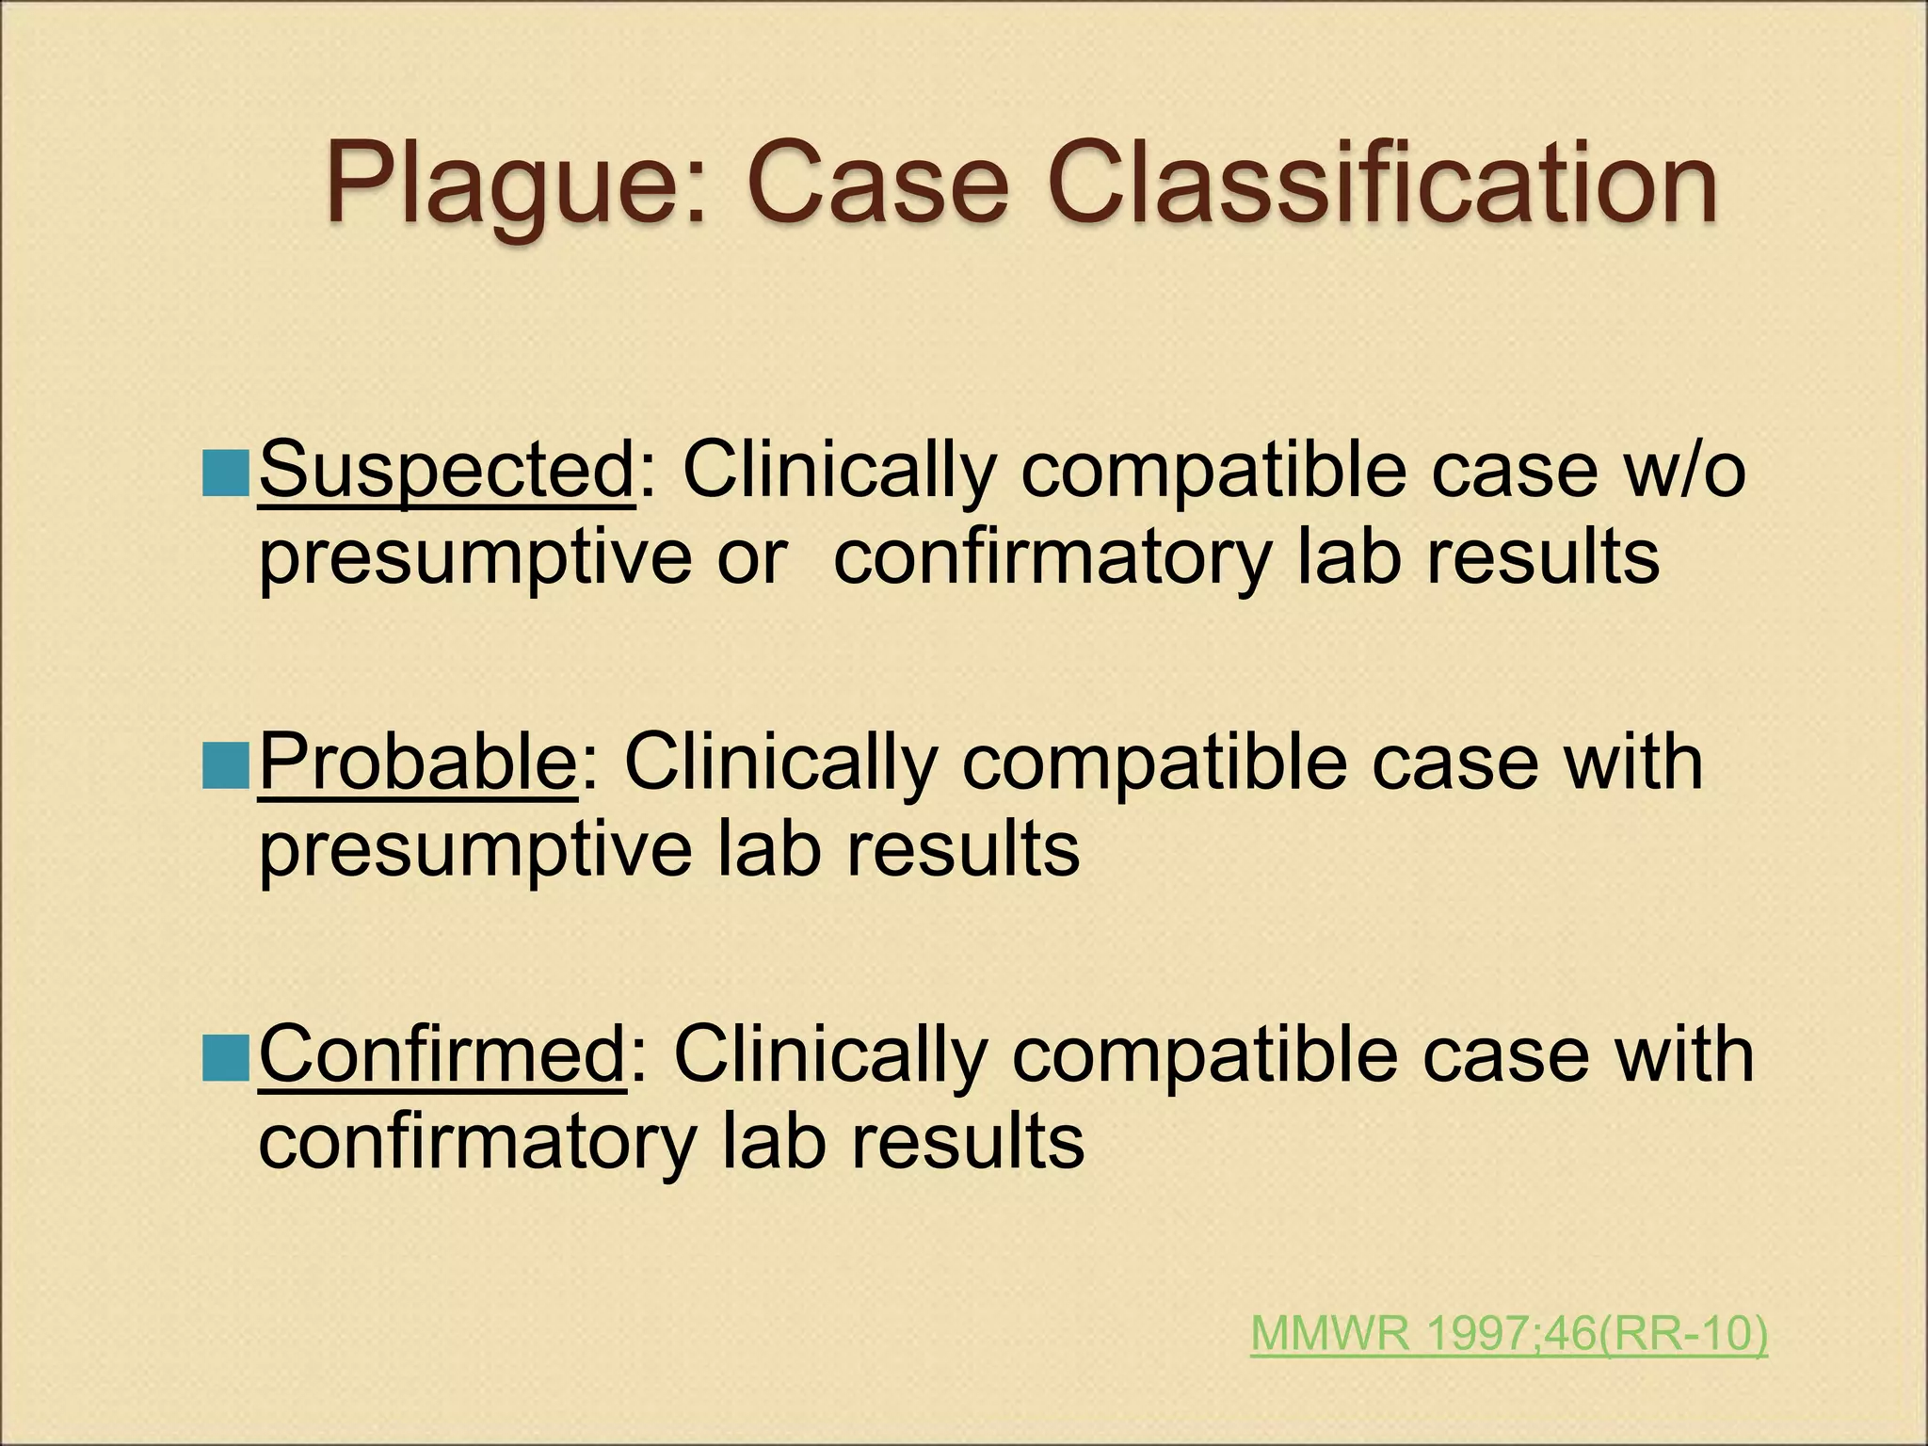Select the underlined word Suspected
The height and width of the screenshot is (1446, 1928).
tap(447, 471)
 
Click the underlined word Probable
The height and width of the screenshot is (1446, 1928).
tap(418, 763)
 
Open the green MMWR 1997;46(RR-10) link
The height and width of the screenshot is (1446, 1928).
tap(1509, 1334)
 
